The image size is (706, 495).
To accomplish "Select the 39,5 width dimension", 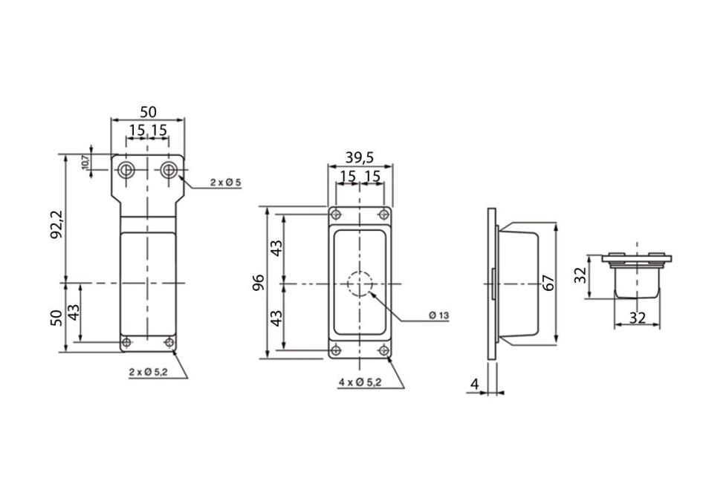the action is [x=359, y=157].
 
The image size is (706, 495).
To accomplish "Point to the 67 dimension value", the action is [x=549, y=283].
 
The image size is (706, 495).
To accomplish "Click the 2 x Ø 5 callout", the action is [x=226, y=183].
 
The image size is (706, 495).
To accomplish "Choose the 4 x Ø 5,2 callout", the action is [x=360, y=383].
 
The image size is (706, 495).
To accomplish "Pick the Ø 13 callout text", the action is [x=439, y=315].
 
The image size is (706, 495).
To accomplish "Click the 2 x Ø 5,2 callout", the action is [x=149, y=373].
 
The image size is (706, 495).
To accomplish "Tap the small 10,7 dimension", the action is [x=85, y=163].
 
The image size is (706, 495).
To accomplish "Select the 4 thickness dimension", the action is [x=474, y=384].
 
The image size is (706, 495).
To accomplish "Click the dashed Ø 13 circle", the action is [x=359, y=284].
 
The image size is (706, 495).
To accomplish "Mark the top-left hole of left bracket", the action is [x=126, y=170].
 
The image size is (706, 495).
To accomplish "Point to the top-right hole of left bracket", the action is [x=169, y=170].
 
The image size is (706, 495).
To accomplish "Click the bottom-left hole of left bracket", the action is [x=126, y=343].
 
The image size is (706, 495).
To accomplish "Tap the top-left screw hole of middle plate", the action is [x=335, y=214].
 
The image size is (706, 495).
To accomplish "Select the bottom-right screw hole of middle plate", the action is [x=384, y=350].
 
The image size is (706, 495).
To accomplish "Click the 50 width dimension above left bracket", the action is [x=148, y=111].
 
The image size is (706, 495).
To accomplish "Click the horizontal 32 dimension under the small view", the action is [x=637, y=318].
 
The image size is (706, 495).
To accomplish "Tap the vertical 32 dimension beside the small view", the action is [x=582, y=275].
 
